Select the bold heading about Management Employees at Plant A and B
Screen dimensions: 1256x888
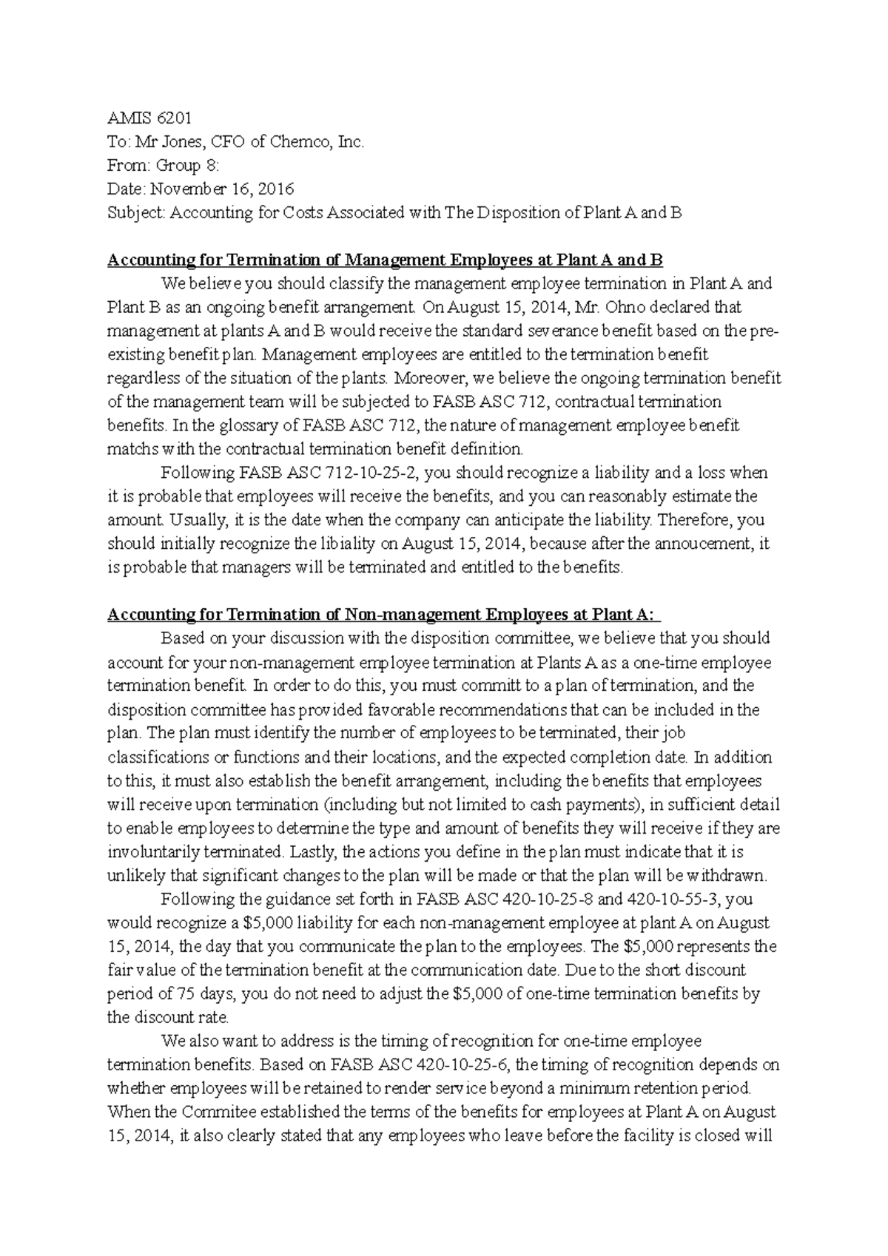click(385, 260)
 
